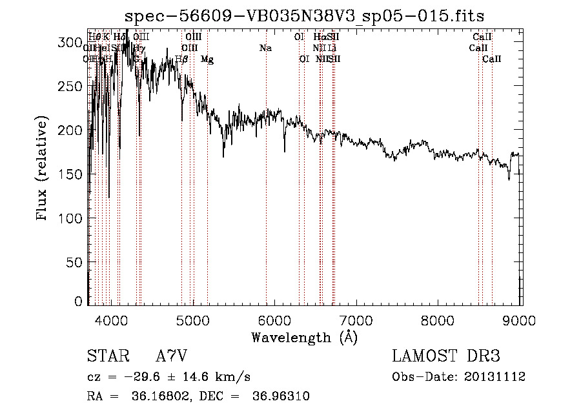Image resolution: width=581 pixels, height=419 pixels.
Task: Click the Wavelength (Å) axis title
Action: pyautogui.click(x=304, y=337)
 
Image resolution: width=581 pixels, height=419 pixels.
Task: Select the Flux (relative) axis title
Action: pyautogui.click(x=43, y=170)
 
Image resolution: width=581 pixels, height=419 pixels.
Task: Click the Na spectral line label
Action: pyautogui.click(x=265, y=48)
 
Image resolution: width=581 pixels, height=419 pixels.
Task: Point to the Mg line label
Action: pyautogui.click(x=207, y=59)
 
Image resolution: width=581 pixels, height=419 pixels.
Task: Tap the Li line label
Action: pyautogui.click(x=332, y=48)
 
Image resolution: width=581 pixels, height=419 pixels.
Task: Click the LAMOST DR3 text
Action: pyautogui.click(x=446, y=356)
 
